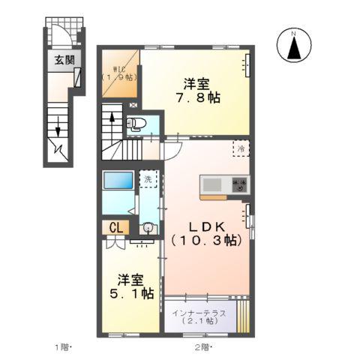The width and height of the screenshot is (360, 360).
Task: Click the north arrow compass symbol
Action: [x=295, y=46]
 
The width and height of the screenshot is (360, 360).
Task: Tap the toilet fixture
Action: [x=137, y=124]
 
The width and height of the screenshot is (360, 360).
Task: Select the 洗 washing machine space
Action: [x=148, y=180]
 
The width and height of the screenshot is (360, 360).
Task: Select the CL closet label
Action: [x=116, y=227]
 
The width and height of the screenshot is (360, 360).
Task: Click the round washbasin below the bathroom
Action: [x=148, y=228]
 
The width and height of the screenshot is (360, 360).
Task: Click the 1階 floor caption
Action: [x=61, y=347]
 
